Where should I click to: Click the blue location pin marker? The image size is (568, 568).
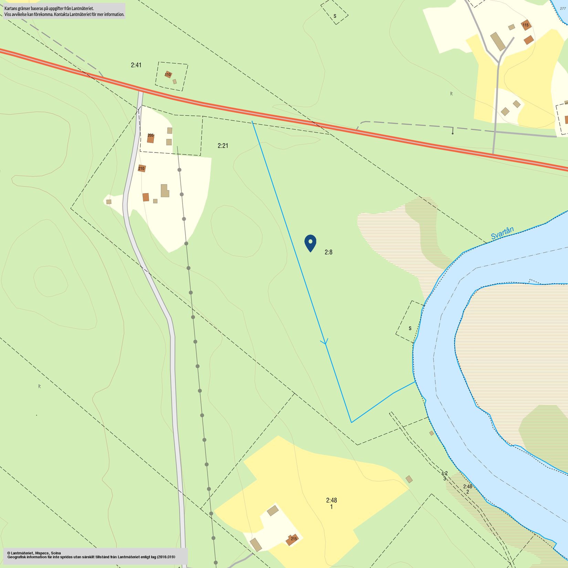click(310, 242)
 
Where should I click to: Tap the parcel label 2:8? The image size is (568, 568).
click(328, 252)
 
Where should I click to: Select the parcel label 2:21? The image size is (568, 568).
click(223, 146)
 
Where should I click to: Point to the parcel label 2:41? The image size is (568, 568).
click(136, 65)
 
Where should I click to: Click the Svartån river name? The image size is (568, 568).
click(502, 233)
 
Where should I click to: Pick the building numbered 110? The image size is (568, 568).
click(168, 74)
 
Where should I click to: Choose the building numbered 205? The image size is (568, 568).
click(150, 138)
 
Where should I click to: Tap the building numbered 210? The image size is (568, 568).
click(141, 168)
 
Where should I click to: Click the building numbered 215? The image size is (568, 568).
click(292, 539)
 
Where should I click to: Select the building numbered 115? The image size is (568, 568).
click(526, 25)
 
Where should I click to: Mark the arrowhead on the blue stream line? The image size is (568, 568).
click(324, 342)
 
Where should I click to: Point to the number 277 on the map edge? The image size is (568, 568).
click(563, 9)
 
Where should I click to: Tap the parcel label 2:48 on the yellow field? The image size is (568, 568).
click(331, 500)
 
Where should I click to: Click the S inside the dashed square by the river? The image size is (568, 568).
click(410, 328)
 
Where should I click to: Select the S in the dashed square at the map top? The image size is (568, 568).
click(335, 16)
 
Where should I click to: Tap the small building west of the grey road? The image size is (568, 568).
click(109, 202)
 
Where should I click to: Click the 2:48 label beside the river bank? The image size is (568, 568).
click(467, 486)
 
